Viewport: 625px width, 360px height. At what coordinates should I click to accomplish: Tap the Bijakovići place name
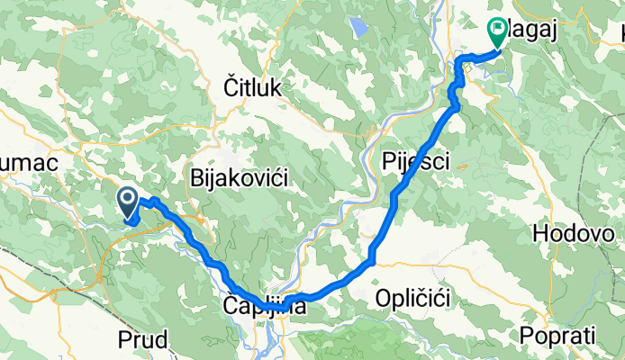(239, 179)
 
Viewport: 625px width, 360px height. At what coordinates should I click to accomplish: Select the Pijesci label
(415, 161)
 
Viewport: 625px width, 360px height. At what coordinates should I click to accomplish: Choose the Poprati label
(558, 335)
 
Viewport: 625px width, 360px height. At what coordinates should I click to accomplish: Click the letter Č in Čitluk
(231, 87)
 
